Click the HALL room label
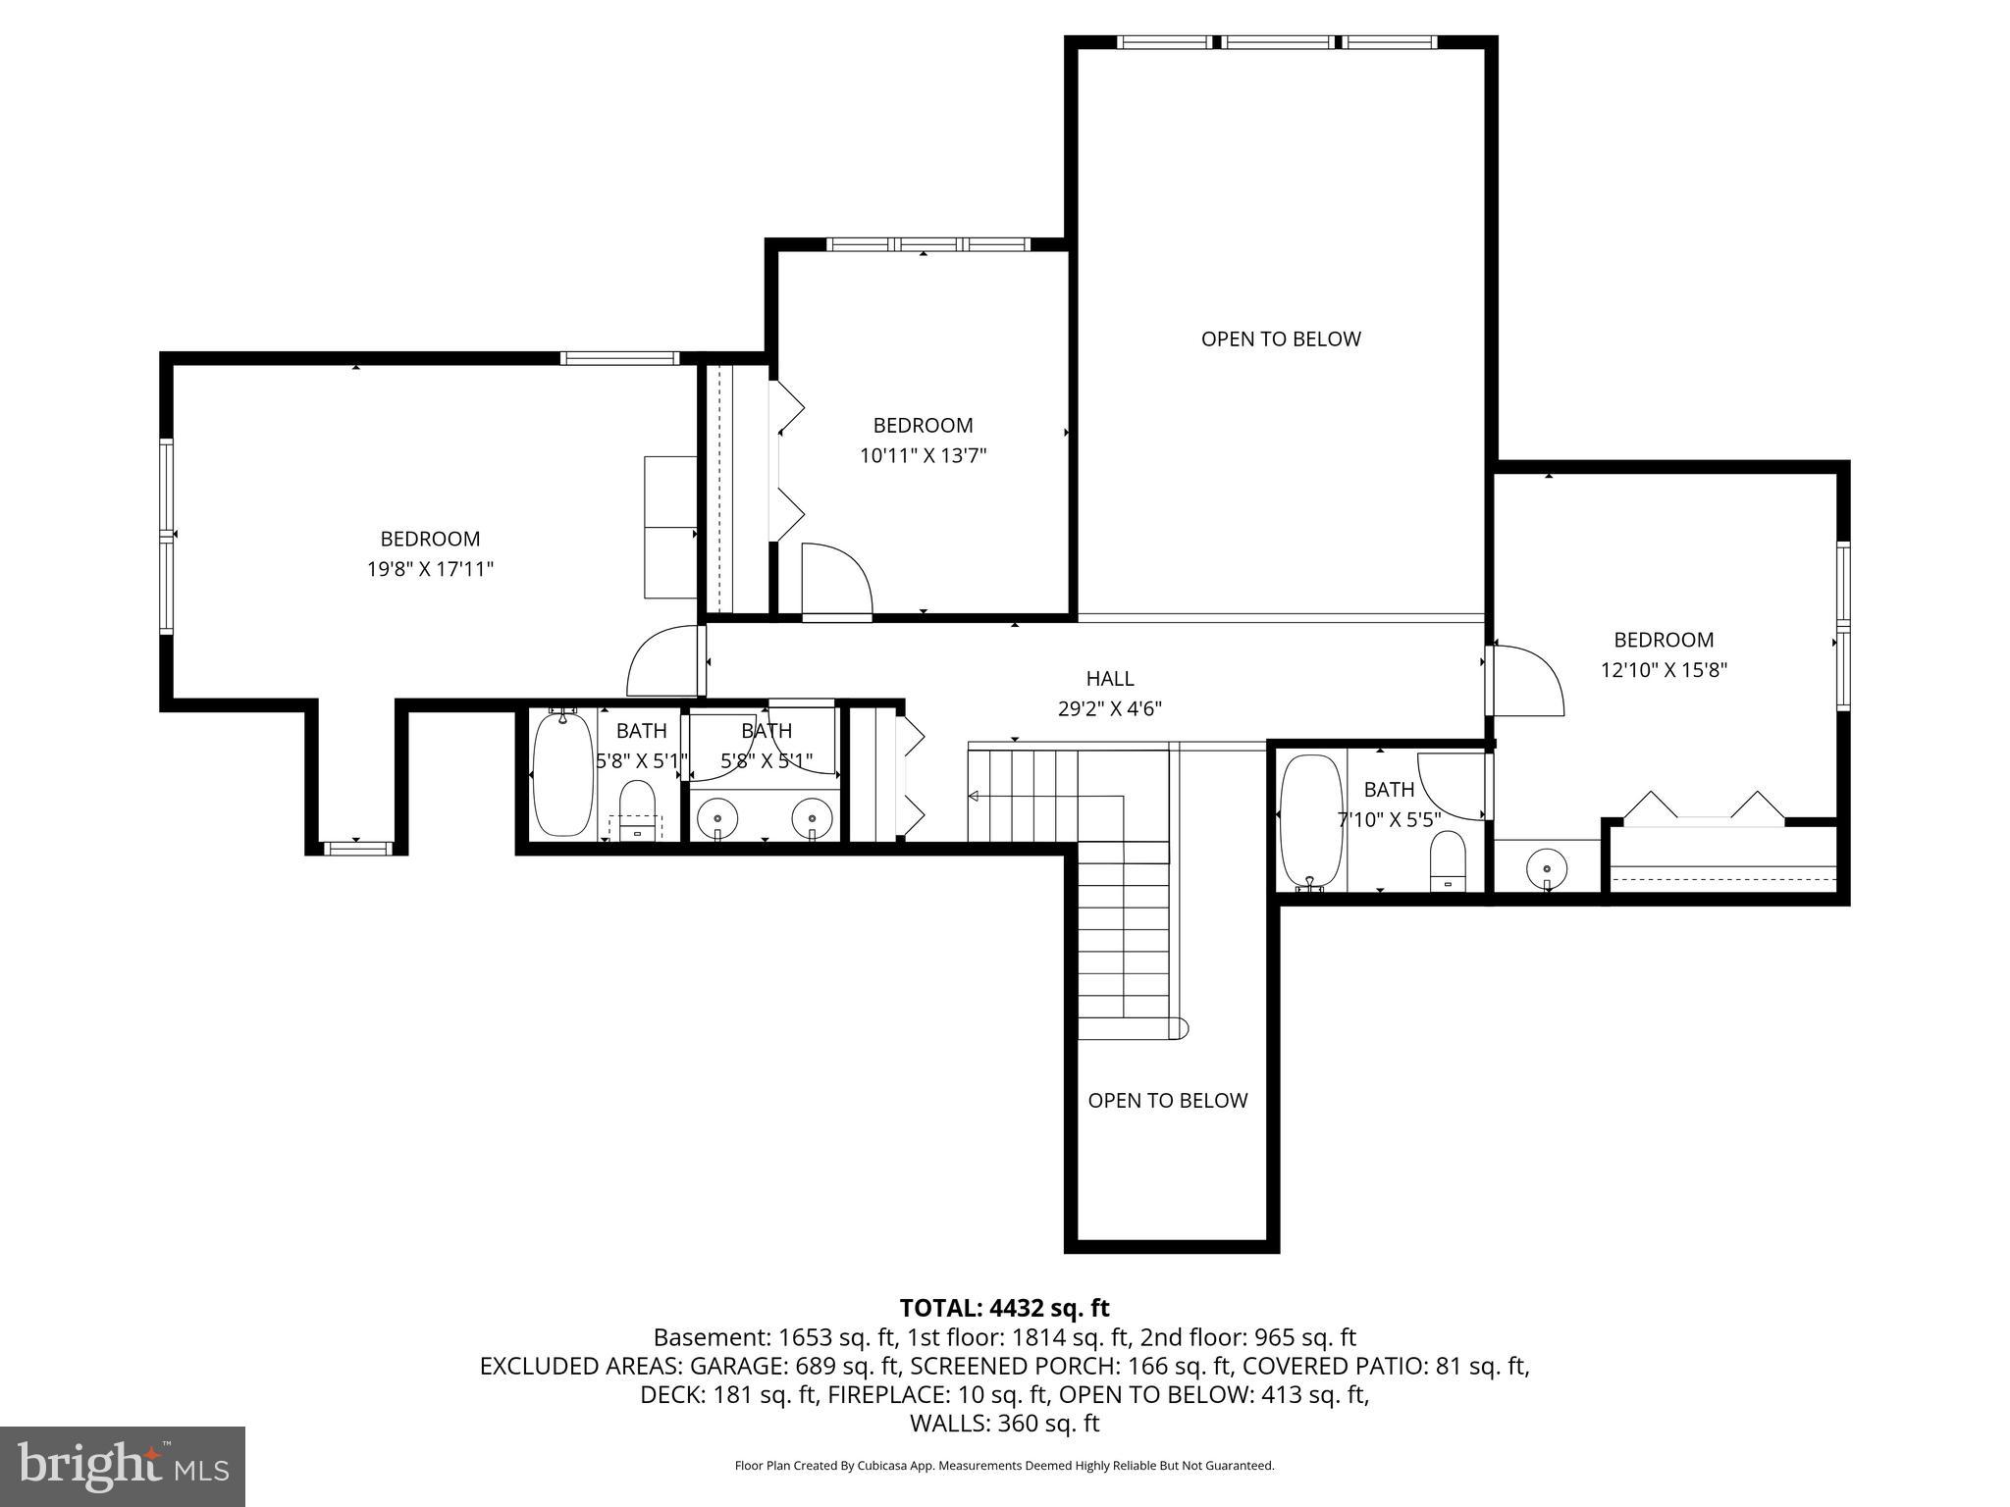pos(1109,678)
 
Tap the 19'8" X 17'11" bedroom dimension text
pos(430,569)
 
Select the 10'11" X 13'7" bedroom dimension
pos(923,455)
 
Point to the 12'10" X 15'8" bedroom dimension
pos(1664,670)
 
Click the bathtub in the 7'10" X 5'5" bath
pos(1310,822)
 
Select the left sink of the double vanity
pos(717,817)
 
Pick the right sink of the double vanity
pos(812,817)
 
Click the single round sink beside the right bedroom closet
pos(1547,868)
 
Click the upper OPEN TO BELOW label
pos(1281,339)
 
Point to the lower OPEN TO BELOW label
pos(1167,1101)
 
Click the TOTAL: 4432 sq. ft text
pos(1004,1308)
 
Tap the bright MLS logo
pos(123,1467)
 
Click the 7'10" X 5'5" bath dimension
pos(1389,819)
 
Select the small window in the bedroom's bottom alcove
pos(357,848)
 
